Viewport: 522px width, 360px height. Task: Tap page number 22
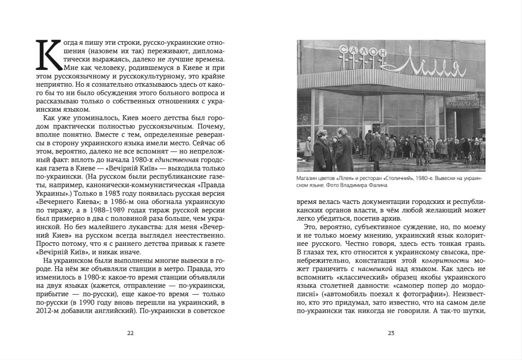click(130, 333)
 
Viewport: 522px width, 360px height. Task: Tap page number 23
click(391, 333)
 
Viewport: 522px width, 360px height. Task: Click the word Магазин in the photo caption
click(308, 178)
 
